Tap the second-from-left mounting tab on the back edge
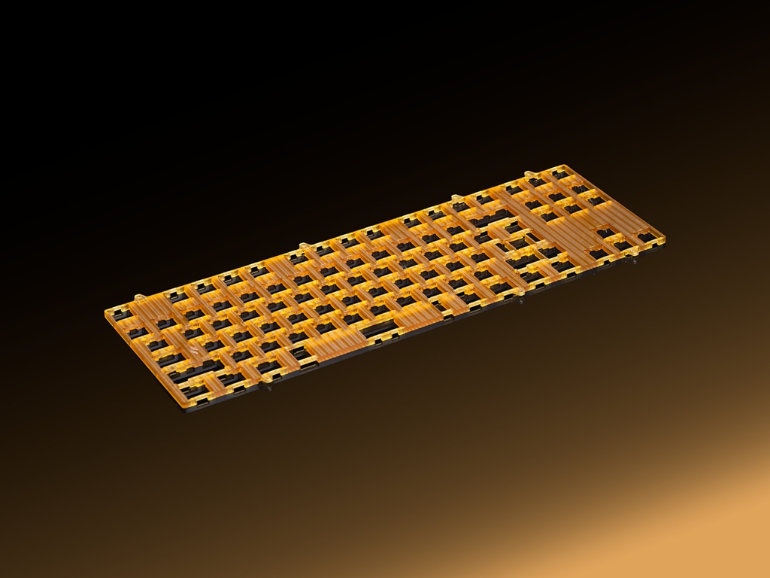click(302, 245)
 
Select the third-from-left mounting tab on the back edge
click(454, 198)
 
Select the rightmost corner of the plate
click(665, 242)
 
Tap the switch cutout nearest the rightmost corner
click(645, 237)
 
